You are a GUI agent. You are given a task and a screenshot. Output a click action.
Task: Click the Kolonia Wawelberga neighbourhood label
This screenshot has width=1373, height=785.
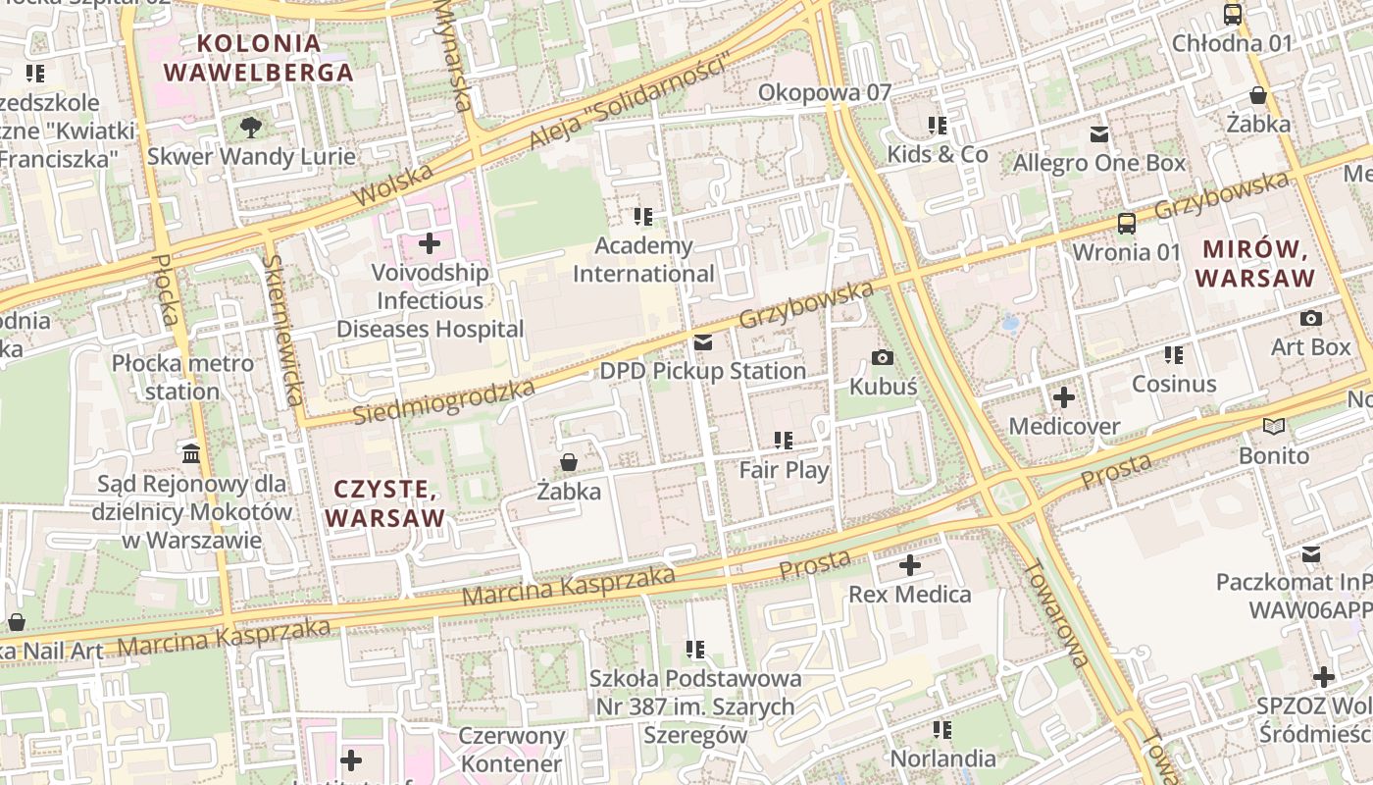coord(259,58)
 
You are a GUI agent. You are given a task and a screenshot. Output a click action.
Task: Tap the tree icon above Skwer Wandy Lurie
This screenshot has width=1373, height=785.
coord(251,127)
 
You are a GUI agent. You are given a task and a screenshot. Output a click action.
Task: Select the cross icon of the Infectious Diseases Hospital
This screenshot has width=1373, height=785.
coord(430,242)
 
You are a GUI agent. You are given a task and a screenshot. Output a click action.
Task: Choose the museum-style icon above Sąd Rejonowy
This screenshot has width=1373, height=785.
coord(191,453)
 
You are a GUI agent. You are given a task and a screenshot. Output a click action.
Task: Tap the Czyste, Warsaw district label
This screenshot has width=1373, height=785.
coord(384,502)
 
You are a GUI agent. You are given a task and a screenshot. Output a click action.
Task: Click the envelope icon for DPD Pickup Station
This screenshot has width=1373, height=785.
coord(703,342)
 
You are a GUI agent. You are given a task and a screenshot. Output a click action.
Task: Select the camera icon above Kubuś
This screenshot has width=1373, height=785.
coord(883,357)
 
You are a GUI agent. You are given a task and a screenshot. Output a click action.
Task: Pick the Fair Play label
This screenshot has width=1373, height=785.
coord(784,470)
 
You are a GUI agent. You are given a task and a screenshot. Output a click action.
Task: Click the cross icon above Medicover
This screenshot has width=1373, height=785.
coord(1064,397)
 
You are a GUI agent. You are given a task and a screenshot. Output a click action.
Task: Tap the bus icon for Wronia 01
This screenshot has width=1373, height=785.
coord(1127,223)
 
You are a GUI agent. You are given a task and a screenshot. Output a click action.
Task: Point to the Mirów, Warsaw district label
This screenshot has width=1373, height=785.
coord(1255,263)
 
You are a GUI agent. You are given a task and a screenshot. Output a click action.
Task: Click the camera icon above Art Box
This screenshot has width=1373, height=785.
coord(1310,318)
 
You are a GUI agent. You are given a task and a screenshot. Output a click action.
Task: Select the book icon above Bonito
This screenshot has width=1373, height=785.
coord(1274,426)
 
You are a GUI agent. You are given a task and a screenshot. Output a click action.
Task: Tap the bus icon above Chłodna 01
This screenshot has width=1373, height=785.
coord(1233,15)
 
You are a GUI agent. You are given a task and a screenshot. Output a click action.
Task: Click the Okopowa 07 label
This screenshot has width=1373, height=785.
coord(825,92)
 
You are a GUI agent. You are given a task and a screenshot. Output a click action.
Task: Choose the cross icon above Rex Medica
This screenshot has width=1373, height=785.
coord(909,565)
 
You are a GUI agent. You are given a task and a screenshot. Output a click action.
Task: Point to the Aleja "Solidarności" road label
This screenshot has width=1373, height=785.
coord(632,104)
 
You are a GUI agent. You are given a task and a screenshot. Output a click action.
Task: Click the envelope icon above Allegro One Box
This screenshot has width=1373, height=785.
coord(1099,133)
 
